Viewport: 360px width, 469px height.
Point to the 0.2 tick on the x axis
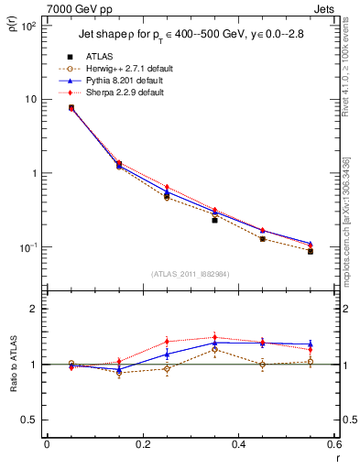143,444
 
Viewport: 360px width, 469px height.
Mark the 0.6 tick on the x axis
335,444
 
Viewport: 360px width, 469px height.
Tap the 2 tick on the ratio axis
33,310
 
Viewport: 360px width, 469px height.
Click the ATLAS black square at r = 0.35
214,220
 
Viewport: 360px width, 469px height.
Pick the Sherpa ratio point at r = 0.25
167,341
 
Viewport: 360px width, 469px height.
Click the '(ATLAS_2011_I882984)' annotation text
191,274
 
